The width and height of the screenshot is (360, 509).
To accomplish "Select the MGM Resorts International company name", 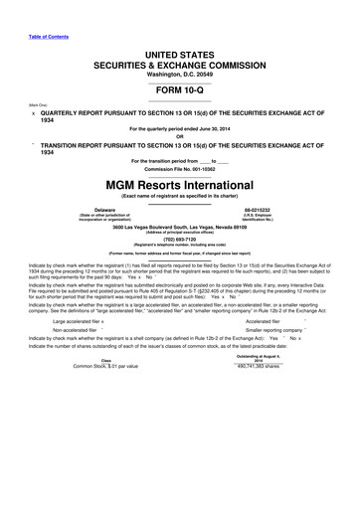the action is pyautogui.click(x=179, y=185).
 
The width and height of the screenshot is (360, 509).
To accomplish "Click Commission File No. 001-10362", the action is pyautogui.click(x=179, y=169).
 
